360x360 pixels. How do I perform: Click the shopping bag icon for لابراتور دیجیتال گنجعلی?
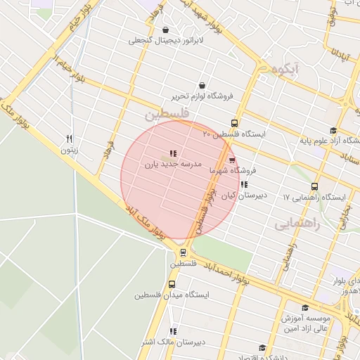(165, 30)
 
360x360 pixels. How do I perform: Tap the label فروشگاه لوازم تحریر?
(202, 96)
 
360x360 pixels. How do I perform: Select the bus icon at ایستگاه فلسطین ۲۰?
(235, 122)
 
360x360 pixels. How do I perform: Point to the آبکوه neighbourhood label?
(288, 69)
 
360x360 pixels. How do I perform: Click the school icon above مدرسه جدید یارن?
(173, 153)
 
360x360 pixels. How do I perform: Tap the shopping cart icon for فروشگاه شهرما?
(232, 160)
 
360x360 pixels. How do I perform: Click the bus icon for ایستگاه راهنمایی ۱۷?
(314, 187)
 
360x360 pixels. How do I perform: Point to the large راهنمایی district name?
(297, 224)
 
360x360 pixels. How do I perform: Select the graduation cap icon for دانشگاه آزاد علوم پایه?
(333, 130)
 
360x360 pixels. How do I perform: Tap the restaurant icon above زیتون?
(69, 139)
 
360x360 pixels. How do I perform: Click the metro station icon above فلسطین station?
(183, 253)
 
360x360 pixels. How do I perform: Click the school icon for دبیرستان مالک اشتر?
(173, 331)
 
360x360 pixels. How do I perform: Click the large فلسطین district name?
(167, 113)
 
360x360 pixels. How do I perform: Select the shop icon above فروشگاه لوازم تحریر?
(202, 84)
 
